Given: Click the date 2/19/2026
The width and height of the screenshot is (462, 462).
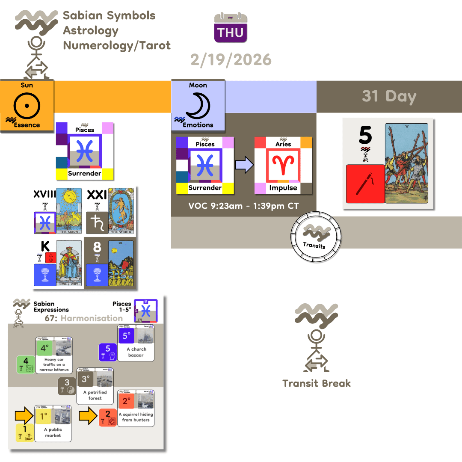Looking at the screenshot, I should click(x=231, y=59).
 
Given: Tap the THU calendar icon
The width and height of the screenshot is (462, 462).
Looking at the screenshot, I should click(x=231, y=28).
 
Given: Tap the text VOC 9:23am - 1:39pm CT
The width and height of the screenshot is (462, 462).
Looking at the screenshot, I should click(x=243, y=206).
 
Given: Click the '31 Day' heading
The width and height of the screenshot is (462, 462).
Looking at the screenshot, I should click(x=389, y=96).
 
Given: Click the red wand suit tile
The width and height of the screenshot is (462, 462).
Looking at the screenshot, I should click(x=365, y=184).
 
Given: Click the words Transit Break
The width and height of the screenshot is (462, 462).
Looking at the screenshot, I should click(x=317, y=383).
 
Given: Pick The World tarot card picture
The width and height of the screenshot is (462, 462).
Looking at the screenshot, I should click(x=121, y=211).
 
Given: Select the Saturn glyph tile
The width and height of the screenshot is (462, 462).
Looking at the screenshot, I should click(x=97, y=222).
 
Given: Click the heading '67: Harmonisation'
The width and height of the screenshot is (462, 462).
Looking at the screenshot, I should click(x=83, y=318).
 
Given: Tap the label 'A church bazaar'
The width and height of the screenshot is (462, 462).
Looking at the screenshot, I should click(x=136, y=352).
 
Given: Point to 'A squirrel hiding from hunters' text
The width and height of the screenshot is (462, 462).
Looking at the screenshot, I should click(x=136, y=417).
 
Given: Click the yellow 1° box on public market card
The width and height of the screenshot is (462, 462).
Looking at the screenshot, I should click(x=43, y=415).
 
